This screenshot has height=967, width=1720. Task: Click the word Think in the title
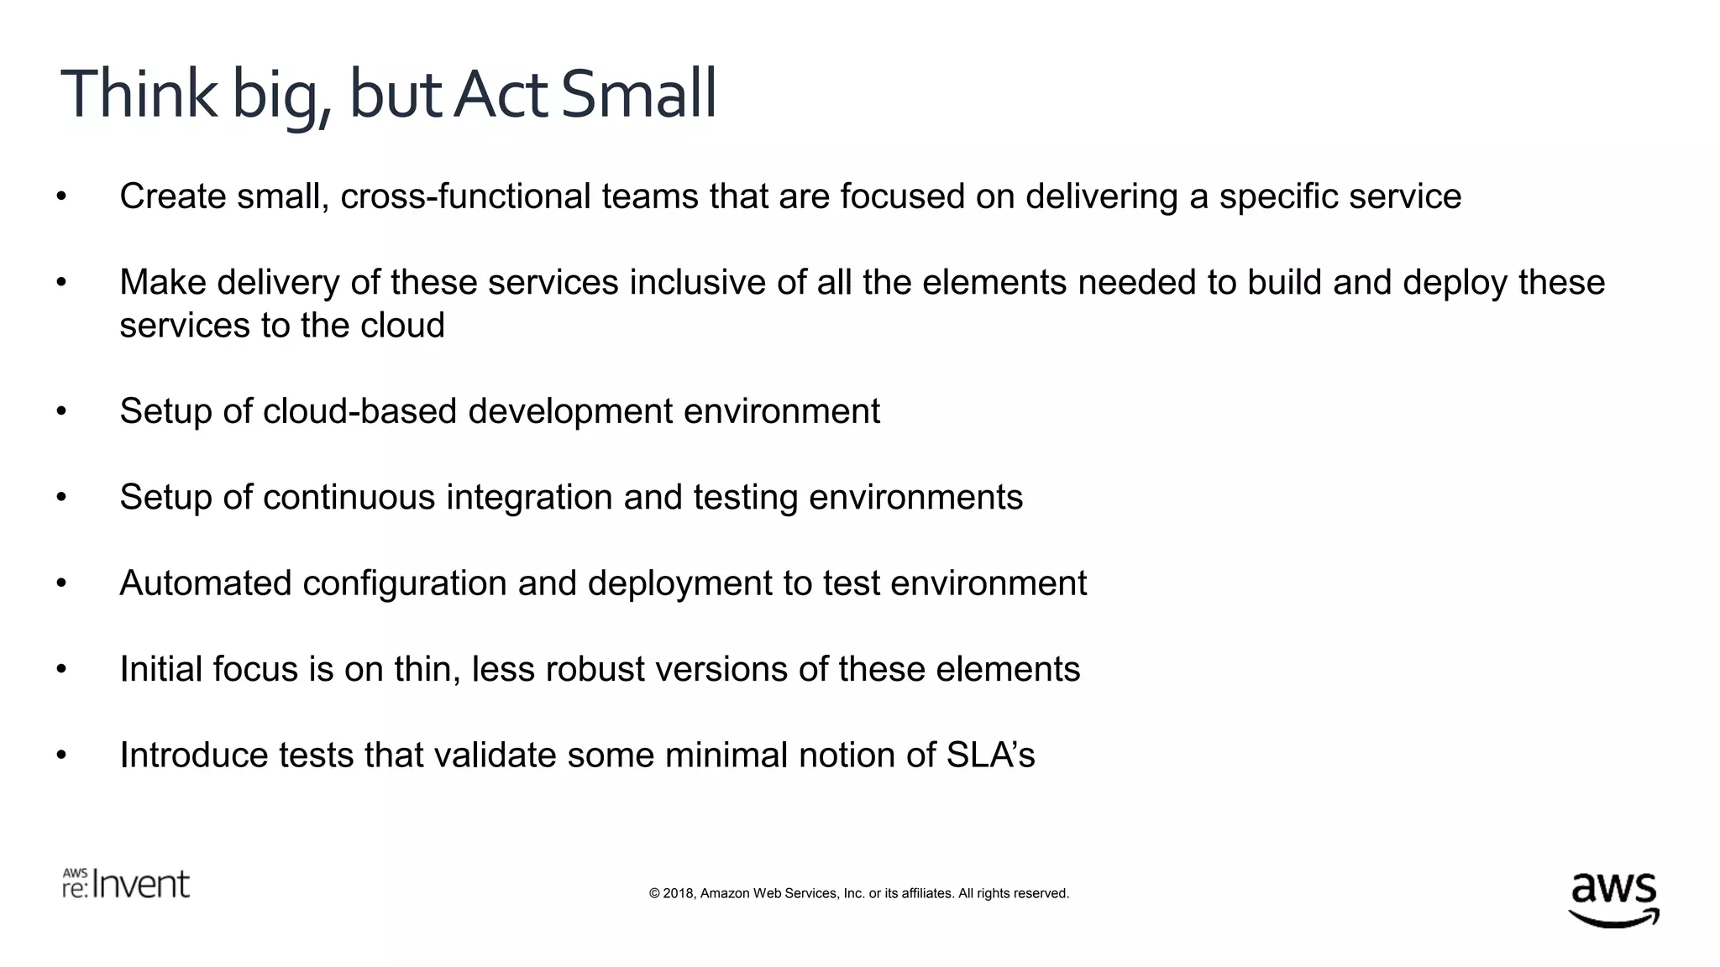pyautogui.click(x=139, y=94)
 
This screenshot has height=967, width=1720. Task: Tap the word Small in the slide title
pyautogui.click(x=638, y=94)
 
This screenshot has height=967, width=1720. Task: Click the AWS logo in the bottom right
pyautogui.click(x=1613, y=898)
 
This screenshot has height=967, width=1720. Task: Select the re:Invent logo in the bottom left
pyautogui.click(x=126, y=884)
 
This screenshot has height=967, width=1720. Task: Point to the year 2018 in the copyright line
pyautogui.click(x=679, y=893)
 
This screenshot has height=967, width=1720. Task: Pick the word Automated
pyautogui.click(x=205, y=583)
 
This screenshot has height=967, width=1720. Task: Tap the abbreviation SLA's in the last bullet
pyautogui.click(x=990, y=755)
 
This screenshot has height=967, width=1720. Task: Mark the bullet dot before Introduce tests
pyautogui.click(x=61, y=756)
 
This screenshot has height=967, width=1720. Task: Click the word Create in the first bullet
pyautogui.click(x=173, y=196)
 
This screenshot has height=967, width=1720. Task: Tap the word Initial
pyautogui.click(x=160, y=669)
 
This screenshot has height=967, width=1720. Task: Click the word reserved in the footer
pyautogui.click(x=1041, y=893)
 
